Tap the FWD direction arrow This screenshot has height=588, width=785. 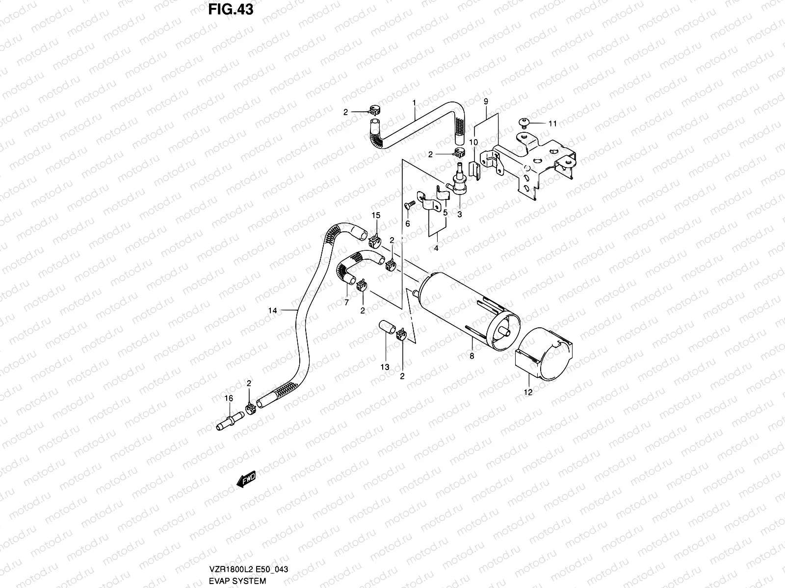tap(246, 480)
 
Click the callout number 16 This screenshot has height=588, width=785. tap(229, 398)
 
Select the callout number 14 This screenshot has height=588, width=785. tap(272, 310)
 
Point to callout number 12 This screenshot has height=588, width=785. tap(528, 392)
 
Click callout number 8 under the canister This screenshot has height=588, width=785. tap(472, 356)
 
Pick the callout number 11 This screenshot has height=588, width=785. tap(552, 123)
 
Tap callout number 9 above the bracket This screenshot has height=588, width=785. tap(485, 101)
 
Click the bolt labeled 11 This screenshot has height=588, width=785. tap(524, 122)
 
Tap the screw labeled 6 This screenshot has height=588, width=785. tap(409, 204)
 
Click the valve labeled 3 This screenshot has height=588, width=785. tap(460, 182)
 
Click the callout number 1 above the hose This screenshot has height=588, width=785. tap(414, 103)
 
